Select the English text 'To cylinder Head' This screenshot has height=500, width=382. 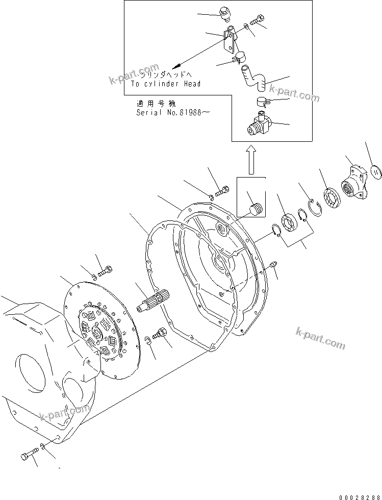(x=165, y=84)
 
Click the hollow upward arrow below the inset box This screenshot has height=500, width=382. (x=250, y=158)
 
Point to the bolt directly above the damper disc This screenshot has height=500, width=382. (x=106, y=270)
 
